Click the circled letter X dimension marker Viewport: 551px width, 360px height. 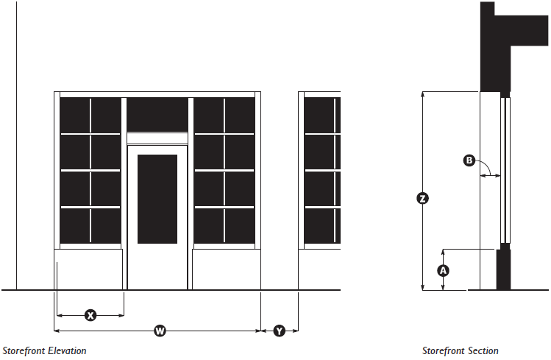[x=90, y=315]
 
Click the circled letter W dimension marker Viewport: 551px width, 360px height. [x=160, y=331]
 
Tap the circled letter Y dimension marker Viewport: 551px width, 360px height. [x=280, y=331]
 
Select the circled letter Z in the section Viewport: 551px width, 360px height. [x=422, y=198]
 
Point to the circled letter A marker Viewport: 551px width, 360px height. [x=443, y=270]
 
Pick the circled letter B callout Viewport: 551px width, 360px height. [x=469, y=160]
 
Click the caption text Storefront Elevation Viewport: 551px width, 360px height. [x=44, y=351]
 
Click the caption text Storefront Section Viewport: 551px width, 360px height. [x=461, y=351]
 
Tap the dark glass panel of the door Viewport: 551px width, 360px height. [x=157, y=199]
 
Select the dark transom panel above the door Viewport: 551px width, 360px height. [x=157, y=114]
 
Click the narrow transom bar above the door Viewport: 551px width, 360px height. [x=157, y=138]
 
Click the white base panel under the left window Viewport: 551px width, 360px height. [x=89, y=269]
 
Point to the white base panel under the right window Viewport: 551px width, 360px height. [x=227, y=269]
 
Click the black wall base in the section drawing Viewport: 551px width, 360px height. [x=504, y=269]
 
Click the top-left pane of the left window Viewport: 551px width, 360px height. [x=75, y=114]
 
